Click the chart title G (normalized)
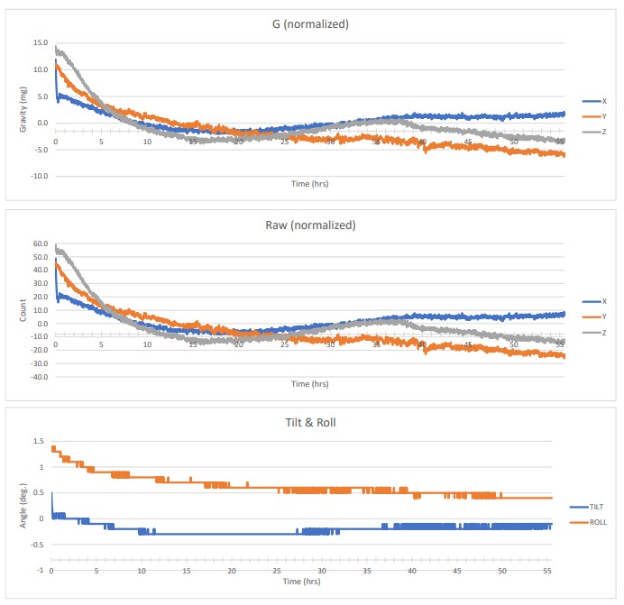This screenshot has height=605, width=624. tap(310, 24)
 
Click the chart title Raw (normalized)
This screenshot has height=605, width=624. tap(310, 225)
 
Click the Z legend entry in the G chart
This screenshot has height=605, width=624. tap(602, 132)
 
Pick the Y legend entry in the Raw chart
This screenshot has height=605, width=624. tap(602, 316)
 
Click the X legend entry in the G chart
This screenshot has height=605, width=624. tap(602, 101)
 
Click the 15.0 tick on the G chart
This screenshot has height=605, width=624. tap(40, 42)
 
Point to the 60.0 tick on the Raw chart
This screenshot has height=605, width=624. tap(40, 243)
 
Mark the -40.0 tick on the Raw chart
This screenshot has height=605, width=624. tap(38, 377)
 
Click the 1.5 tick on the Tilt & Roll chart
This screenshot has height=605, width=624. tap(38, 441)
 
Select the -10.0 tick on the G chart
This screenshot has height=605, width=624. tap(38, 176)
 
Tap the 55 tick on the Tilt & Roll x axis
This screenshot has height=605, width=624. tap(546, 573)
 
